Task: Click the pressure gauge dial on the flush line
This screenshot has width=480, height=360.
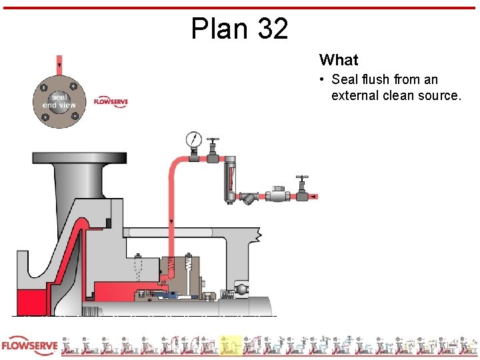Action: point(194,139)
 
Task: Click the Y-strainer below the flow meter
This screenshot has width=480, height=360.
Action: point(249,197)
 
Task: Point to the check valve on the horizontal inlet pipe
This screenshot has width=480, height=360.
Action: point(277,195)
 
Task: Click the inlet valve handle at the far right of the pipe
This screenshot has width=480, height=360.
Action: point(303,179)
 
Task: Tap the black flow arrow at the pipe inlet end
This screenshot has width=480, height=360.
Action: point(313,197)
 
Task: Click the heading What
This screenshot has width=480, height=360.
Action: point(339,60)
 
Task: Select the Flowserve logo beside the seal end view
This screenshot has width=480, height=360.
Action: point(111,101)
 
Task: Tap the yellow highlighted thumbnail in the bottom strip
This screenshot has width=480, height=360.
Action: point(231,345)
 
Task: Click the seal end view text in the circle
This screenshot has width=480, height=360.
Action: point(59,101)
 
